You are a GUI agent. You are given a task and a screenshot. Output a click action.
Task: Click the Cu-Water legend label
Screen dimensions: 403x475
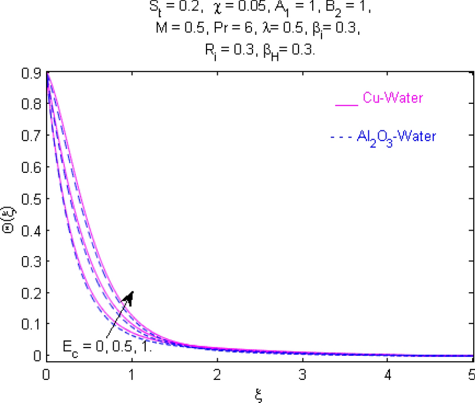(393, 99)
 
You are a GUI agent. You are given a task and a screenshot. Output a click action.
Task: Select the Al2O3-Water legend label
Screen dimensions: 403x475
(397, 137)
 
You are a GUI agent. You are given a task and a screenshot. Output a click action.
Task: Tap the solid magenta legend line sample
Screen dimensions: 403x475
(346, 104)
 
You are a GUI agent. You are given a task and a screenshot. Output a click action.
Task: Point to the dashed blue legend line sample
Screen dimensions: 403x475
(342, 137)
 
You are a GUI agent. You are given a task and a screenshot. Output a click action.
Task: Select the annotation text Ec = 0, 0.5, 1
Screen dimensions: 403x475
(108, 345)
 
